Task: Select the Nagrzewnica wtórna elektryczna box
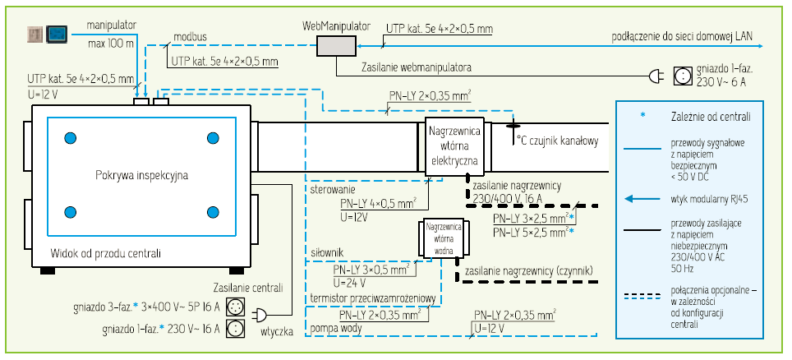(454, 145)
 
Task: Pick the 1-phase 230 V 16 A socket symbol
(236, 328)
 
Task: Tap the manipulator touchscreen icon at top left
(58, 34)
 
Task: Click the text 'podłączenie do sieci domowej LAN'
(683, 36)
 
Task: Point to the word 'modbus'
(190, 38)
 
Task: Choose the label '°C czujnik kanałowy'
(556, 141)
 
